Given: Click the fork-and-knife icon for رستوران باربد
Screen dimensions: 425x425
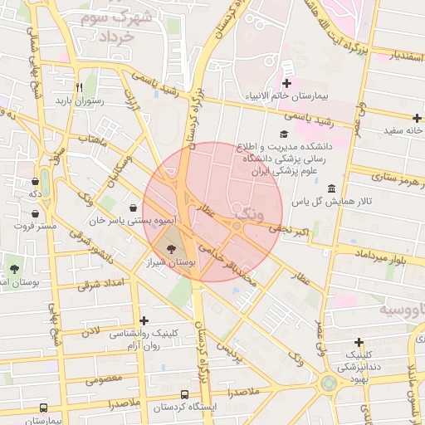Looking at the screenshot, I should coord(80,87).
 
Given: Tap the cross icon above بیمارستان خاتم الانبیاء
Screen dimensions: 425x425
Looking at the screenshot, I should coord(287,84).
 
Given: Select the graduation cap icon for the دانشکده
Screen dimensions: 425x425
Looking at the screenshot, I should coord(284,134).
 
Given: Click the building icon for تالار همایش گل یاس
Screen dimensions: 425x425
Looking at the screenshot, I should coord(332,188).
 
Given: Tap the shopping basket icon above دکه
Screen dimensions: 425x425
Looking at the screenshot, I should coord(35,181).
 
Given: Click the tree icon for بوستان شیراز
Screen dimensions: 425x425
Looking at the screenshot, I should coord(171,248).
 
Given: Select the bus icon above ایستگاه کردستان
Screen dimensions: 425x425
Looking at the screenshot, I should coord(183,395).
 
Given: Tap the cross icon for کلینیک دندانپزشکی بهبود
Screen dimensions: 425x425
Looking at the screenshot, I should coord(359,342).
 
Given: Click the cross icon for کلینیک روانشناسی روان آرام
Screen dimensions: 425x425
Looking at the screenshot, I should coord(144,320).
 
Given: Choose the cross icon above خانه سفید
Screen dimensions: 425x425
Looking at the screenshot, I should coord(417,118).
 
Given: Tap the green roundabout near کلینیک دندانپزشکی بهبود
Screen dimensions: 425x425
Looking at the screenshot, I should coord(330,383).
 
